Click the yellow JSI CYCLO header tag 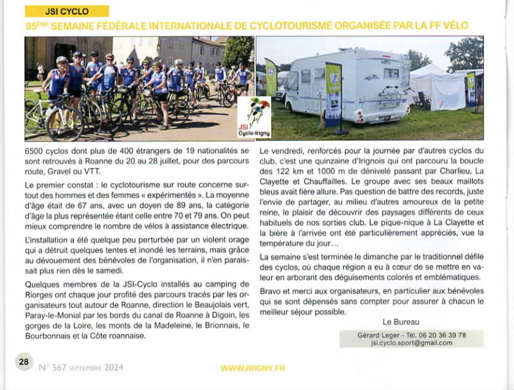point(67,11)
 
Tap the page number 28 point(24,362)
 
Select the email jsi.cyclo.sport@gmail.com point(411,343)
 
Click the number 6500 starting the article point(32,150)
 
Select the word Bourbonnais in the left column point(46,335)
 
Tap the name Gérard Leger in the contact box point(378,335)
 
